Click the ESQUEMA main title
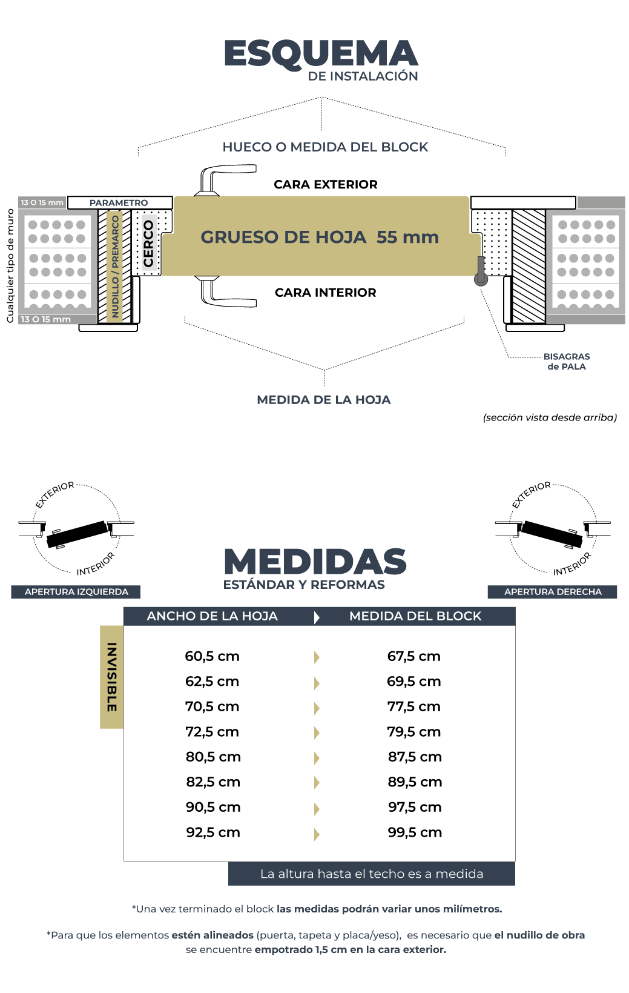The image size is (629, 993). click(321, 54)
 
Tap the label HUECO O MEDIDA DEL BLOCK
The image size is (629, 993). click(325, 147)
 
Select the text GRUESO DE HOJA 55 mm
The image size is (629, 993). click(320, 237)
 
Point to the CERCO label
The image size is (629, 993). click(148, 244)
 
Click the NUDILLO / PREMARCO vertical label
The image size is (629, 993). click(115, 267)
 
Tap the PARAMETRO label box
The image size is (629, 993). click(119, 203)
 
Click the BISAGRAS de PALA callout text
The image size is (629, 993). click(567, 362)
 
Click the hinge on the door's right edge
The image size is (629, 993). click(481, 272)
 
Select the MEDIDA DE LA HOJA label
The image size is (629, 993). click(324, 400)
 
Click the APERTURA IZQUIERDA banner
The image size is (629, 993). click(76, 592)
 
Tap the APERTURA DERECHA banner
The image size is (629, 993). click(553, 592)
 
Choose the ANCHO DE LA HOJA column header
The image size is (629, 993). click(212, 616)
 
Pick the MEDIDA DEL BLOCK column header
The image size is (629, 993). click(415, 616)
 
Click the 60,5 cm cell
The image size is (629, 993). click(212, 657)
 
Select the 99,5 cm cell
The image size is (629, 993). click(415, 832)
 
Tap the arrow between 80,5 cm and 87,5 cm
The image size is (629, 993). click(317, 758)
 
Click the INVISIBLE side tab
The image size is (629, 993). click(112, 677)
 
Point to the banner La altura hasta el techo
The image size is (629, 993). click(372, 874)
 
